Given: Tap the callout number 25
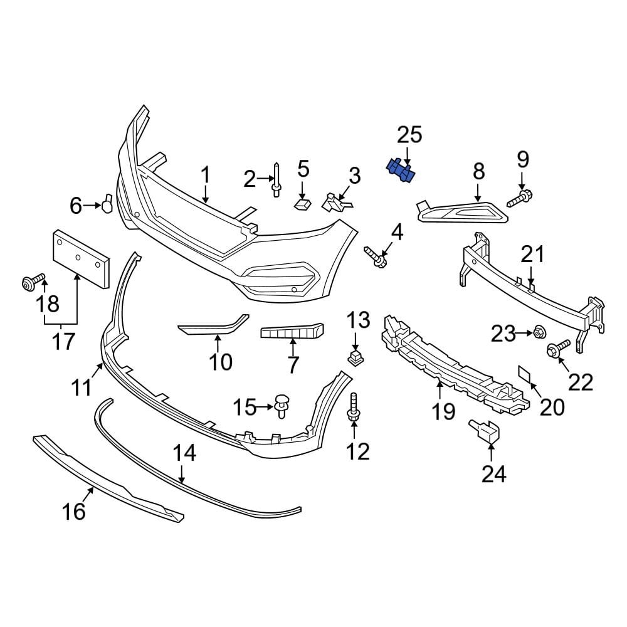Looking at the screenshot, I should (409, 135).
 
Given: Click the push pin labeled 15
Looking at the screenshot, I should (283, 404).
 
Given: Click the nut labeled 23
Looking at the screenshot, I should (538, 332).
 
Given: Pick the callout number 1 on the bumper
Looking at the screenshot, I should (206, 176).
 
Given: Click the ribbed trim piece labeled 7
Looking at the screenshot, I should (292, 332).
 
